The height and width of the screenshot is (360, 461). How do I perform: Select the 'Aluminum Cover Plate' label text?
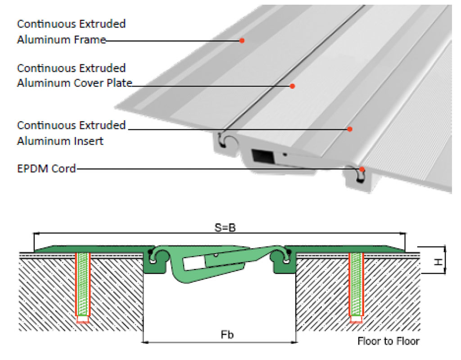pyautogui.click(x=74, y=83)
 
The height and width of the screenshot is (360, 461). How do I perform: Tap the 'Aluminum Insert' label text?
pyautogui.click(x=60, y=141)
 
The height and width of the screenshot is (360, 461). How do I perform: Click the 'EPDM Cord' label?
pyautogui.click(x=46, y=169)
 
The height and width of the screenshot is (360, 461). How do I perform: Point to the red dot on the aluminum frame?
pyautogui.click(x=242, y=41)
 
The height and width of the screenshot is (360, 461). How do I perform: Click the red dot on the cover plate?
pyautogui.click(x=292, y=86)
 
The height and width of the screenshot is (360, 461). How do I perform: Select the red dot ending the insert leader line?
pyautogui.click(x=349, y=129)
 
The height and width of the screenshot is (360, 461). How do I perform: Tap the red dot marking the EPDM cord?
pyautogui.click(x=362, y=169)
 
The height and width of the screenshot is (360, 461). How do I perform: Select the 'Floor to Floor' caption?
pyautogui.click(x=388, y=341)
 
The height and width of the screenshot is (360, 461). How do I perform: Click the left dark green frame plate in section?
pyautogui.click(x=90, y=250)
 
